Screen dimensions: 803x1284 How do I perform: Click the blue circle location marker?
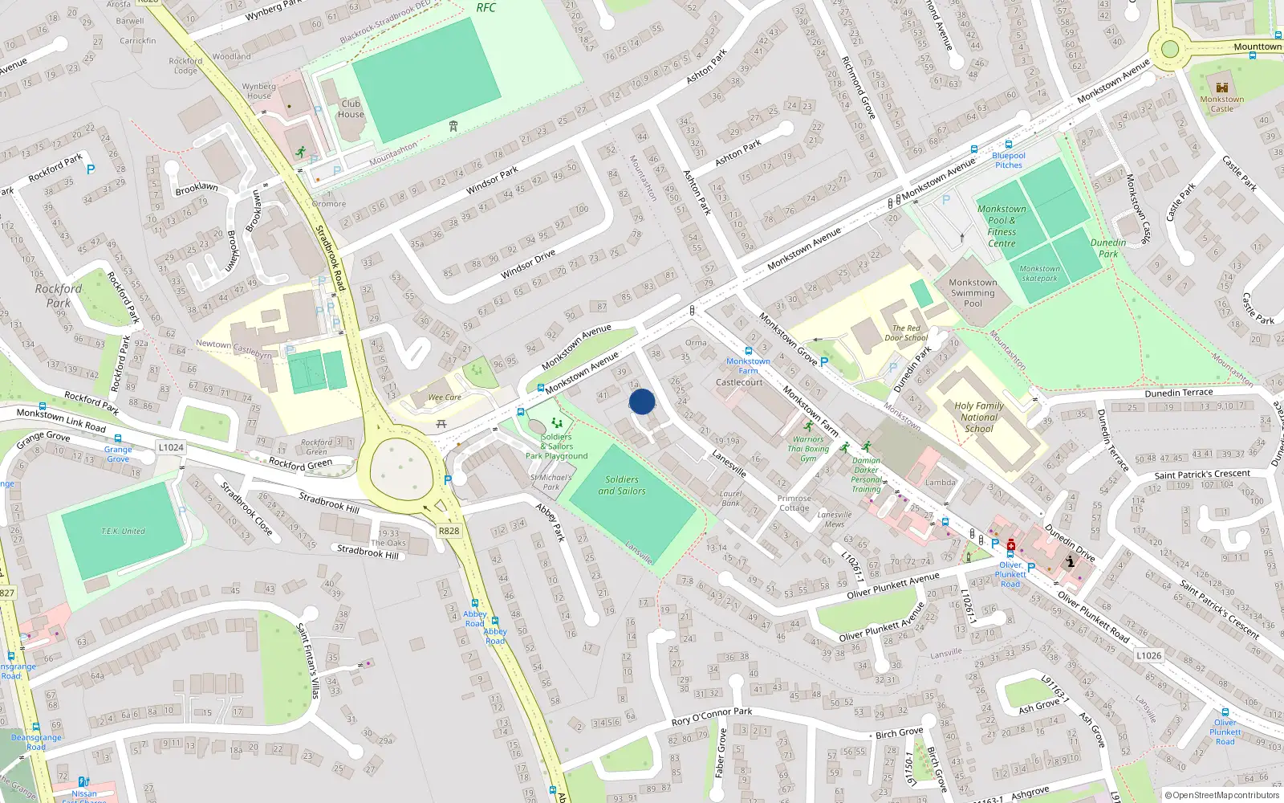click(642, 401)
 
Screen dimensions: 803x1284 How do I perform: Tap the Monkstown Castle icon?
click(1222, 88)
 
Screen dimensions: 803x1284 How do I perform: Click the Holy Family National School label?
click(979, 418)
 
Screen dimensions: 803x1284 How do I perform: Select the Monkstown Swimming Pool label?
click(973, 293)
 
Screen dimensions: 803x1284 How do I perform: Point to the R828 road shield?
click(449, 531)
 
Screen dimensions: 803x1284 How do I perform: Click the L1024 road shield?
click(171, 447)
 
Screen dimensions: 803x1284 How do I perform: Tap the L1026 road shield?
click(1148, 655)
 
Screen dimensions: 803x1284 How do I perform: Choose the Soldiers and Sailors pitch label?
click(622, 485)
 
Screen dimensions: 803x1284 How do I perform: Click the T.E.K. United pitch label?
click(123, 531)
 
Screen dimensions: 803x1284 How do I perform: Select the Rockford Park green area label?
click(59, 296)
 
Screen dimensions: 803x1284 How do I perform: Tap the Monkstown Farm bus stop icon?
click(749, 351)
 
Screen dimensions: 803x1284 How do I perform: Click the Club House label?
click(351, 108)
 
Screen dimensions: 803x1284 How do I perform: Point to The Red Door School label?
click(906, 333)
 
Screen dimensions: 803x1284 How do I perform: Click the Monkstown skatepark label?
click(1039, 274)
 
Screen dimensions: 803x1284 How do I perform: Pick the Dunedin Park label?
click(1108, 247)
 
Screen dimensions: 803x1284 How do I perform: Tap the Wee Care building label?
click(445, 397)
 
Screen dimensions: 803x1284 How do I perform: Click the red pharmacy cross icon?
click(1011, 546)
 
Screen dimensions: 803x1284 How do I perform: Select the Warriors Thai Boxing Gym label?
click(808, 449)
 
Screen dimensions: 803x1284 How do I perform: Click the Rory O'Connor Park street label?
click(713, 716)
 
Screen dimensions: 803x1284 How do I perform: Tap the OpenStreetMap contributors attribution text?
click(1222, 795)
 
